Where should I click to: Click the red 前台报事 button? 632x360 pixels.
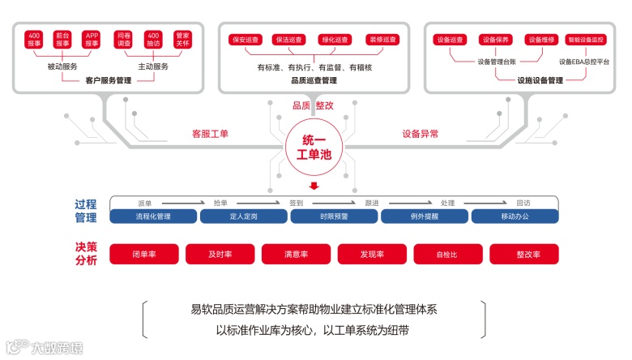[62, 40]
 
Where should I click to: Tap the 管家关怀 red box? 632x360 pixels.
[183, 40]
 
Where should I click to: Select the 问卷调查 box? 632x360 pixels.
[123, 40]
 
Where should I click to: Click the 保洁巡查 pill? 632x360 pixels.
[288, 39]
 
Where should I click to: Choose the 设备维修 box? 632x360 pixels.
[540, 39]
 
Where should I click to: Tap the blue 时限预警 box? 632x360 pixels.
[333, 216]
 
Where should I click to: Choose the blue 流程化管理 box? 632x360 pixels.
[153, 216]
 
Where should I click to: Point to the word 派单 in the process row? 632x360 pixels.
[146, 203]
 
